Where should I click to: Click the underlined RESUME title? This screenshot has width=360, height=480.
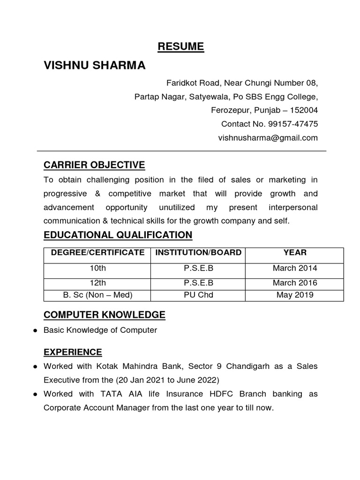pyautogui.click(x=180, y=46)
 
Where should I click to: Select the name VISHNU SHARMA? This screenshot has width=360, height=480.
pyautogui.click(x=95, y=66)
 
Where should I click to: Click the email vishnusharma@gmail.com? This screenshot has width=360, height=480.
pyautogui.click(x=268, y=138)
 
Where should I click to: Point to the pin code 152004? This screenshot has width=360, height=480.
pyautogui.click(x=304, y=111)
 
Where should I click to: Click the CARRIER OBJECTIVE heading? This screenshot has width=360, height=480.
pyautogui.click(x=94, y=165)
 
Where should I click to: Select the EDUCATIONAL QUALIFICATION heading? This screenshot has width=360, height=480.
pyautogui.click(x=118, y=235)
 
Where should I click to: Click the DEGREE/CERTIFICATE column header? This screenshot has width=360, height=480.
pyautogui.click(x=97, y=253)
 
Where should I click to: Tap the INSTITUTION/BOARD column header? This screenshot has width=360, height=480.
pyautogui.click(x=199, y=253)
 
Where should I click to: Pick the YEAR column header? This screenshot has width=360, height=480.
pyautogui.click(x=295, y=253)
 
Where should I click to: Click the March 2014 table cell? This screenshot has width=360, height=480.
pyautogui.click(x=295, y=269)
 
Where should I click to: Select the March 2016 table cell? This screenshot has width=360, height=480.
pyautogui.click(x=295, y=283)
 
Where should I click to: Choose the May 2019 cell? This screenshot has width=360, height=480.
pyautogui.click(x=295, y=295)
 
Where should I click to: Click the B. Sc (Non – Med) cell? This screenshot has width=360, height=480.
pyautogui.click(x=97, y=295)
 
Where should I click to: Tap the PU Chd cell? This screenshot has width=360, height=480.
pyautogui.click(x=199, y=295)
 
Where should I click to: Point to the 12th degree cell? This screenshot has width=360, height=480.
pyautogui.click(x=97, y=283)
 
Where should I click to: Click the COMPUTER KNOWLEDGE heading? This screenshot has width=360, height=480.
pyautogui.click(x=104, y=315)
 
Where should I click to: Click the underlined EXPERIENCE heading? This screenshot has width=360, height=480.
pyautogui.click(x=73, y=352)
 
